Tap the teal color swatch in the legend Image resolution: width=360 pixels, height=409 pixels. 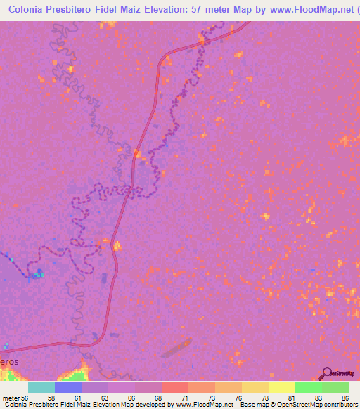point(41,387)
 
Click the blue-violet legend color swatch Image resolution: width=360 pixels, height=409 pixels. point(68,387)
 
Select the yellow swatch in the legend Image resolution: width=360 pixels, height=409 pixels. point(281,387)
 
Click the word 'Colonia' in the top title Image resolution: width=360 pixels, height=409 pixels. point(30,9)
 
